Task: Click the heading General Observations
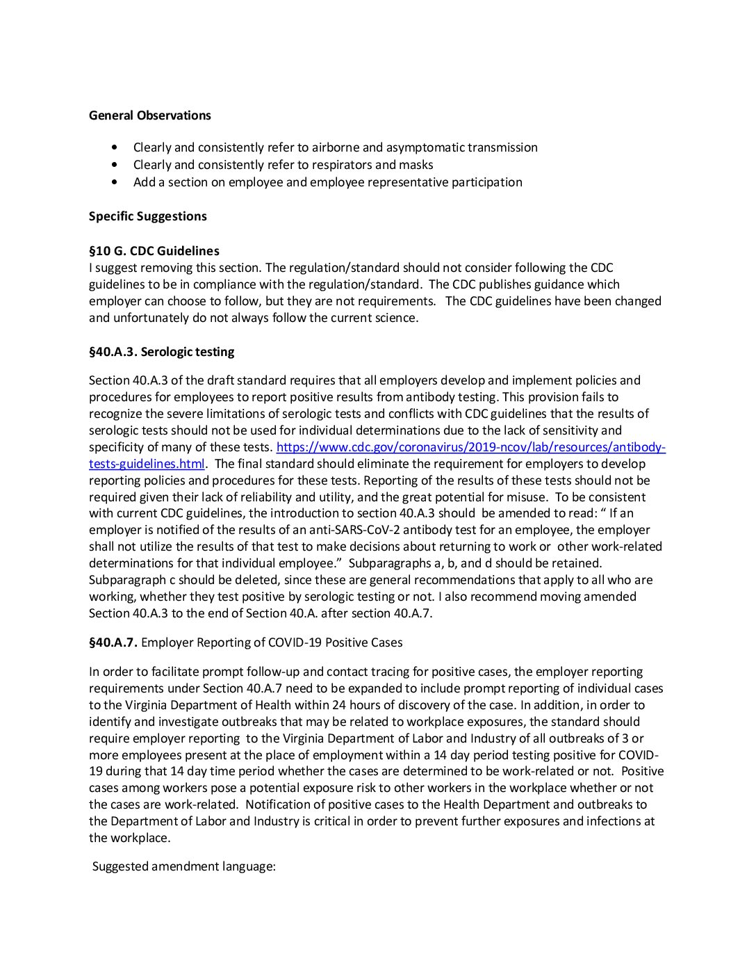click(x=149, y=115)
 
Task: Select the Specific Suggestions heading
click(x=147, y=216)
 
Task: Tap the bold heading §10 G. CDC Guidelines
click(x=154, y=251)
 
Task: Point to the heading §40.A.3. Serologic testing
click(x=161, y=352)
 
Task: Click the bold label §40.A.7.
click(x=113, y=642)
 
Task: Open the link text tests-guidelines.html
click(x=147, y=464)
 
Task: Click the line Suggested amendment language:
click(x=184, y=866)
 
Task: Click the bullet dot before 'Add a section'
click(x=115, y=182)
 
